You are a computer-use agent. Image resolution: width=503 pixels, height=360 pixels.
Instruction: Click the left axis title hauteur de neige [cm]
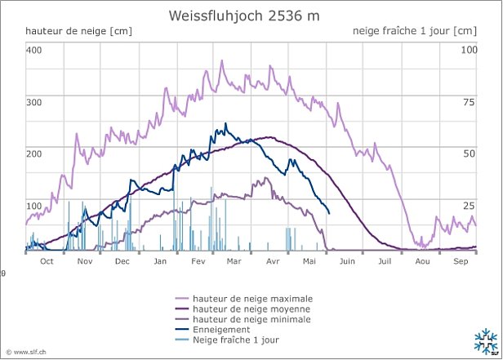(78, 31)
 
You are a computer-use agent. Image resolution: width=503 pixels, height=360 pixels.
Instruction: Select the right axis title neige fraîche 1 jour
(414, 31)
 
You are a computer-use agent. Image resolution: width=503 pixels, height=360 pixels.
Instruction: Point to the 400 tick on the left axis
(33, 51)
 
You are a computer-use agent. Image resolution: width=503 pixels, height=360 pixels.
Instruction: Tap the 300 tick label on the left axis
(33, 103)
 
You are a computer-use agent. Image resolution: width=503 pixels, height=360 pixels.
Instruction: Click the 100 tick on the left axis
(33, 206)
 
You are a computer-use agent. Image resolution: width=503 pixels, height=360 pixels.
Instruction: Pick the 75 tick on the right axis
(470, 103)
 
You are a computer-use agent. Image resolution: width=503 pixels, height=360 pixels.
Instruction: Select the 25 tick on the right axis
(470, 206)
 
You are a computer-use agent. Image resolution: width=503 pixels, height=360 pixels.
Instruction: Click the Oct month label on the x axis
(47, 261)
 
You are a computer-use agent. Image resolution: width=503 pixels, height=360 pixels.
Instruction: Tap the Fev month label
(198, 261)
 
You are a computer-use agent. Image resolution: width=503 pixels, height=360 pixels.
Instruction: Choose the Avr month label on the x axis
(272, 261)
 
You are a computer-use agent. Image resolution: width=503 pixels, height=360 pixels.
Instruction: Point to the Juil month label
(385, 261)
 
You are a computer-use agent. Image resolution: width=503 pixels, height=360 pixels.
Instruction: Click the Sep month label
(460, 261)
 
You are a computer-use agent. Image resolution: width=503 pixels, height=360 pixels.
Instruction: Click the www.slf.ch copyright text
(25, 350)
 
